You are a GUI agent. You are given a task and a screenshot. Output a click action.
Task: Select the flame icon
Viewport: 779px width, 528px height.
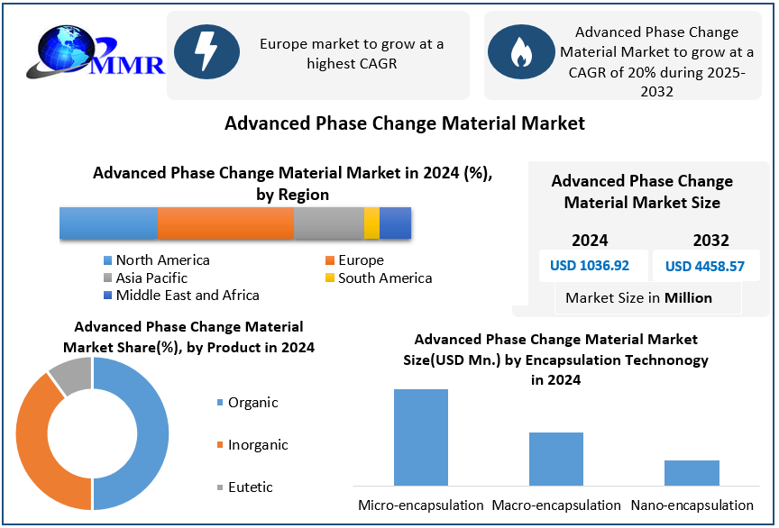520,55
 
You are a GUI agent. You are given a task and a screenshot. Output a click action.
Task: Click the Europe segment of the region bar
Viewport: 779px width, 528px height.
225,223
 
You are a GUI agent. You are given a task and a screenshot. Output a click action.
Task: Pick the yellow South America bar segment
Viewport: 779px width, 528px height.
371,223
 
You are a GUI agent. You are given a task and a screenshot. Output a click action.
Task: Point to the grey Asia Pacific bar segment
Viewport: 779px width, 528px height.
328,223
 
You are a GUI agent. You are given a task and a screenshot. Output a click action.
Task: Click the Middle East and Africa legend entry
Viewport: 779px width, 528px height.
180,296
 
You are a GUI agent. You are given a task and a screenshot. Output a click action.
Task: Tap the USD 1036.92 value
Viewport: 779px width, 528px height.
590,266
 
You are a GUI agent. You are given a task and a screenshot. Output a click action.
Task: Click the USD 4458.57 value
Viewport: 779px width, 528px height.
705,266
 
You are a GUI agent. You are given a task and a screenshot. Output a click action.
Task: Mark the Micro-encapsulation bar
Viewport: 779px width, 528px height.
421,437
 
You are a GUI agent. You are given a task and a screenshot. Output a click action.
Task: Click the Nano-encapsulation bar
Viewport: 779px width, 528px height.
692,472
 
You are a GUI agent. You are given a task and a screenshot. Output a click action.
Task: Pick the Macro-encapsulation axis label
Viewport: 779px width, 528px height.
556,505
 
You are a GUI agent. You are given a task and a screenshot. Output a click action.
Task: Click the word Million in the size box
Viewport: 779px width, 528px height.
688,298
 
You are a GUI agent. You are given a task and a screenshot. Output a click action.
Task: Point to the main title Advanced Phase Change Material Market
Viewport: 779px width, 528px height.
405,123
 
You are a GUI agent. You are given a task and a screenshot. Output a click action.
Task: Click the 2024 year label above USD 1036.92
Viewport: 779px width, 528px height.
590,241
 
